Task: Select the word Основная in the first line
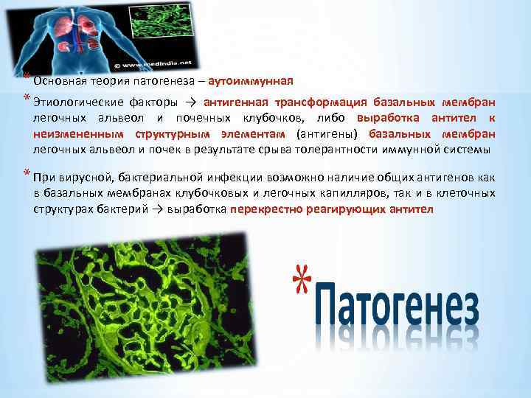[x=58, y=81]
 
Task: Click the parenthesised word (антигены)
[x=328, y=134]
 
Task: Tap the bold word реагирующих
[x=338, y=209]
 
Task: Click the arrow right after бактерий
[x=158, y=209]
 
